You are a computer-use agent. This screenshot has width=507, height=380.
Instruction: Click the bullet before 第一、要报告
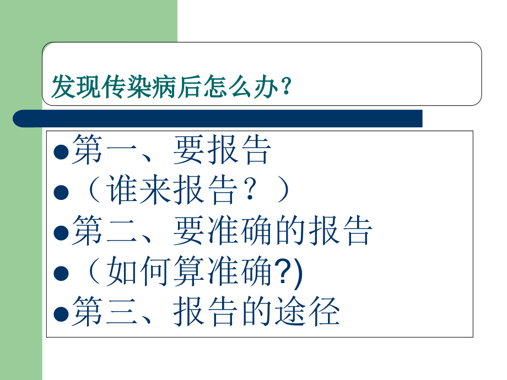(x=62, y=152)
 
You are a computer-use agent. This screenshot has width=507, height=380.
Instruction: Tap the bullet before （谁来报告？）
(x=62, y=193)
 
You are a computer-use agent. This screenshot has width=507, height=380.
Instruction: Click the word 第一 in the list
(x=105, y=150)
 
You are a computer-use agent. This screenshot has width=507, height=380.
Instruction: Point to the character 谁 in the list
(x=122, y=191)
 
